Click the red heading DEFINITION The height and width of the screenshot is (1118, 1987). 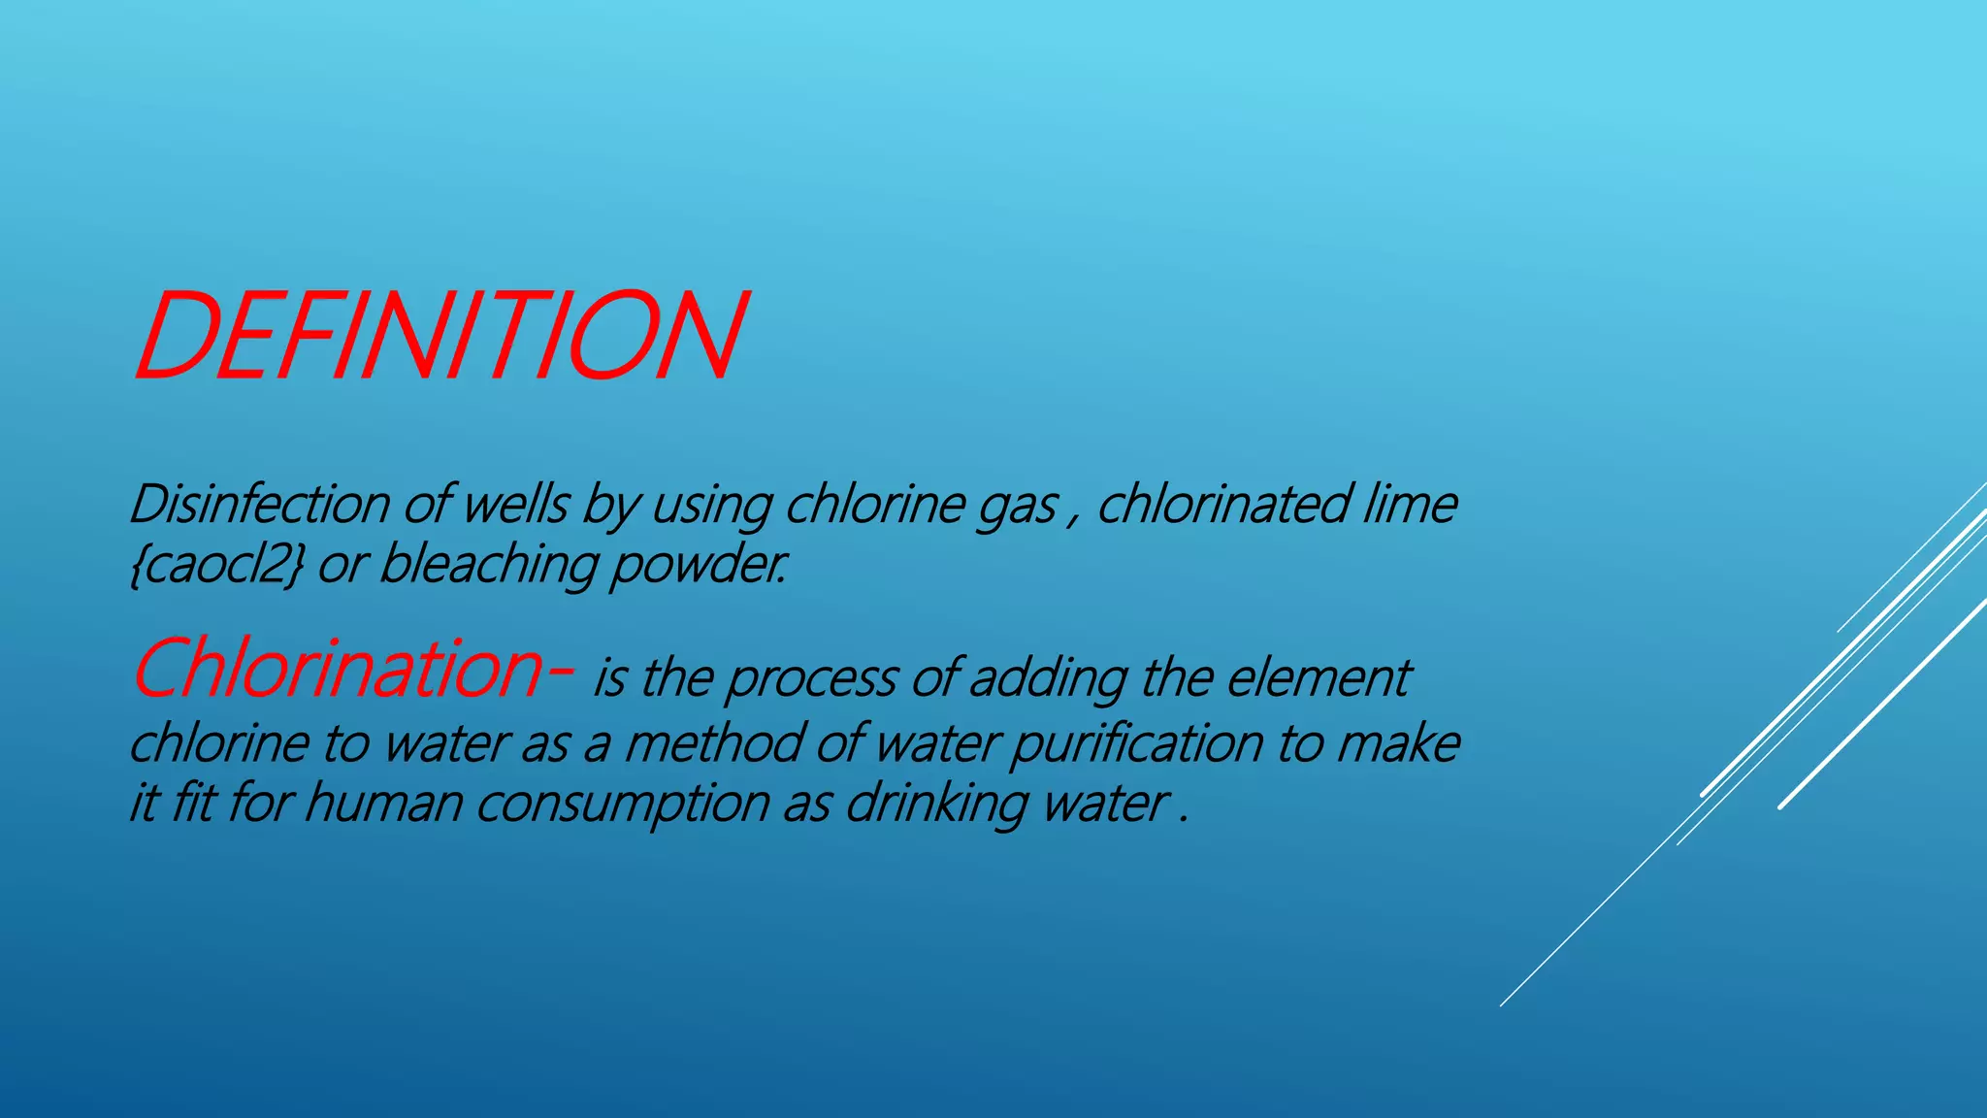(440, 336)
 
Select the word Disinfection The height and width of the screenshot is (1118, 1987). (259, 505)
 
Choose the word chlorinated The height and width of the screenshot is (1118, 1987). (1222, 505)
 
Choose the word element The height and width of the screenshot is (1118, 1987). (1319, 677)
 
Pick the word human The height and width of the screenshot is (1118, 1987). (383, 805)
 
